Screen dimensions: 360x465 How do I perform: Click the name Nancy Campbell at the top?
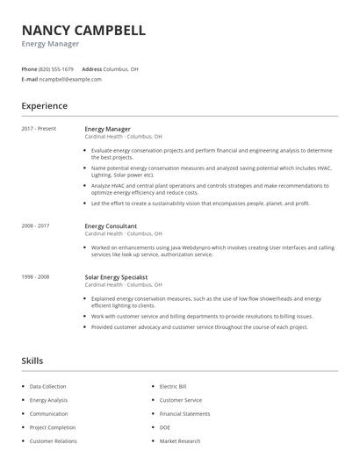[83, 30]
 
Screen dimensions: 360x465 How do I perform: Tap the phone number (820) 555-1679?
[57, 68]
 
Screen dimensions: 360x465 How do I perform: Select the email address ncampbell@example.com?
[71, 79]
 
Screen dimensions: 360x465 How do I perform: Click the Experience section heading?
[44, 106]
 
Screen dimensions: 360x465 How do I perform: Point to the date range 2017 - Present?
[39, 129]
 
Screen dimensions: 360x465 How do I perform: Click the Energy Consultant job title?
[111, 226]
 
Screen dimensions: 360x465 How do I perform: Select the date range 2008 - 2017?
[35, 226]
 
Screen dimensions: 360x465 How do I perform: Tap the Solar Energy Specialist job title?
[116, 277]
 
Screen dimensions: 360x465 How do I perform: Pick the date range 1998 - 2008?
[35, 277]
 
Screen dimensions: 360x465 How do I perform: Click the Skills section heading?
[32, 361]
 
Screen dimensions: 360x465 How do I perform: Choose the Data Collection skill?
[47, 386]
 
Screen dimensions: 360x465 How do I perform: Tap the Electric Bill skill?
[173, 386]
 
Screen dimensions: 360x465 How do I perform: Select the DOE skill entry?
[164, 427]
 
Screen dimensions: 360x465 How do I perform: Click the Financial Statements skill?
[184, 413]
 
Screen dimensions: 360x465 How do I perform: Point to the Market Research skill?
[180, 441]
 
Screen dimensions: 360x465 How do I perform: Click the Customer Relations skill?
[53, 441]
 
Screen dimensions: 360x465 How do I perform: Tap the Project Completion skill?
[53, 427]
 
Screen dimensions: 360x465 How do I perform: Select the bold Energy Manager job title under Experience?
[107, 129]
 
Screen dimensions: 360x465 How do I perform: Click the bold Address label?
[91, 68]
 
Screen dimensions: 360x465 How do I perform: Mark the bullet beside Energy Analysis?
[23, 400]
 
